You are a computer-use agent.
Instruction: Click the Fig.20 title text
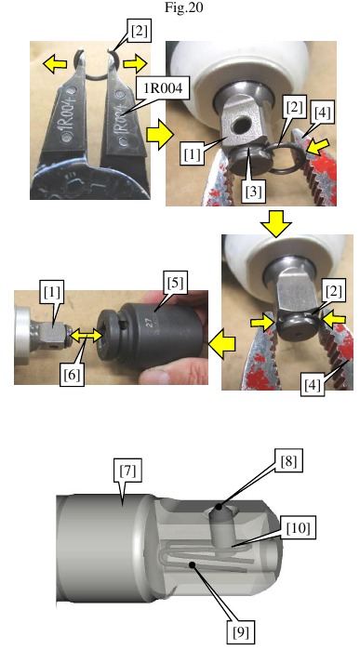tap(180, 8)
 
